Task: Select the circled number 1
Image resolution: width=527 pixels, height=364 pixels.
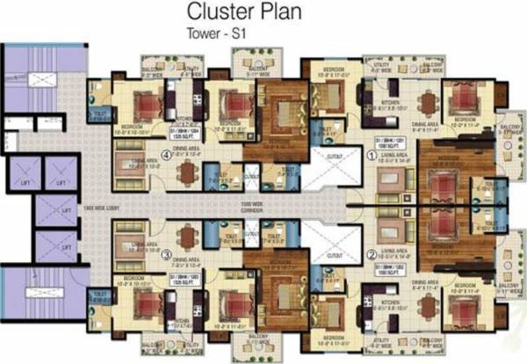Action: (x=371, y=156)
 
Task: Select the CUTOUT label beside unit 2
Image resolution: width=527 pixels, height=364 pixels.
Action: (x=335, y=254)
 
